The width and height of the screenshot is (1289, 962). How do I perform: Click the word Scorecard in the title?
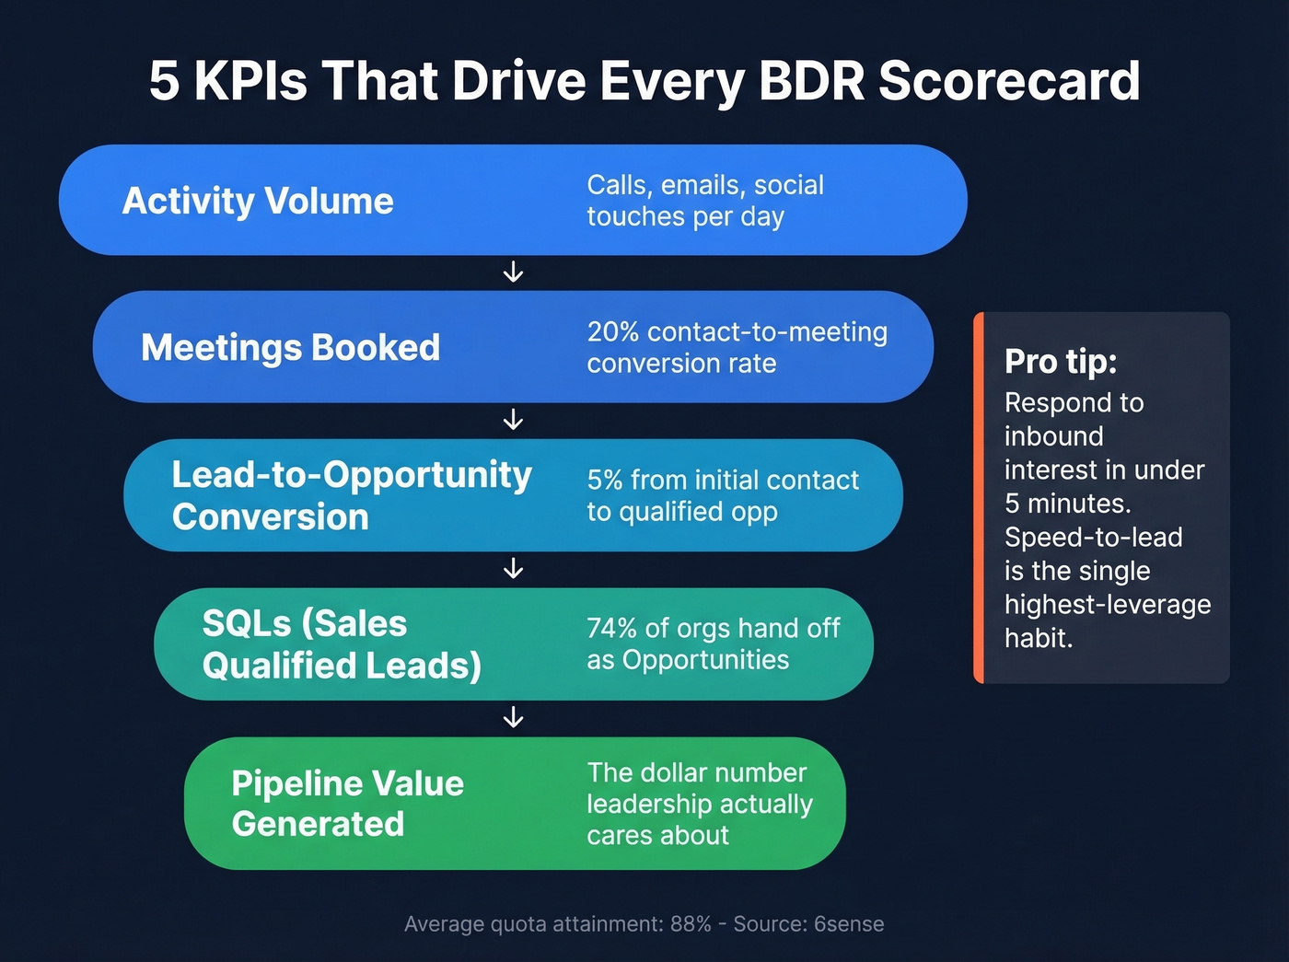pyautogui.click(x=1009, y=81)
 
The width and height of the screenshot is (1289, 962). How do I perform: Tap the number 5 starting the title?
pyautogui.click(x=163, y=81)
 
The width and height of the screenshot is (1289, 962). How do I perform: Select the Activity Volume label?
pyautogui.click(x=258, y=201)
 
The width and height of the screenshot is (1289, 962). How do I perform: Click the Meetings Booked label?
pyautogui.click(x=290, y=348)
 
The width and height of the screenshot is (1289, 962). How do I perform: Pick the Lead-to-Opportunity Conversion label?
pyautogui.click(x=352, y=495)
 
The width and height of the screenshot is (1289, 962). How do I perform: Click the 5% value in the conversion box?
pyautogui.click(x=605, y=481)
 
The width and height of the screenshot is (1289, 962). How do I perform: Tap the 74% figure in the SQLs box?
pyautogui.click(x=611, y=629)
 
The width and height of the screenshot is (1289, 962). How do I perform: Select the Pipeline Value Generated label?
pyautogui.click(x=347, y=803)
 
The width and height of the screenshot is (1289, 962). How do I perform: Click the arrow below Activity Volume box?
pyautogui.click(x=514, y=272)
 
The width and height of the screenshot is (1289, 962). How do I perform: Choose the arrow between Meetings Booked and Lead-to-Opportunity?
pyautogui.click(x=514, y=421)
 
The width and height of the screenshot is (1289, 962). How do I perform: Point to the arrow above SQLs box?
pyautogui.click(x=514, y=569)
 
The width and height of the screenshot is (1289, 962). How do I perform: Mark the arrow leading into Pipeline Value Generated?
pyautogui.click(x=514, y=717)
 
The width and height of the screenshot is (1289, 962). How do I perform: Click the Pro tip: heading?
pyautogui.click(x=1060, y=362)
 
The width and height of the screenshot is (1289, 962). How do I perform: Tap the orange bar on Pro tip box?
pyautogui.click(x=979, y=497)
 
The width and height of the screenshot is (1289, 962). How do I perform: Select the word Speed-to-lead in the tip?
pyautogui.click(x=1093, y=538)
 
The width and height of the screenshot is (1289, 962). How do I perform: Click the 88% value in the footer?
pyautogui.click(x=691, y=924)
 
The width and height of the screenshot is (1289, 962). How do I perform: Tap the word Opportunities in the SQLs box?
pyautogui.click(x=705, y=661)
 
